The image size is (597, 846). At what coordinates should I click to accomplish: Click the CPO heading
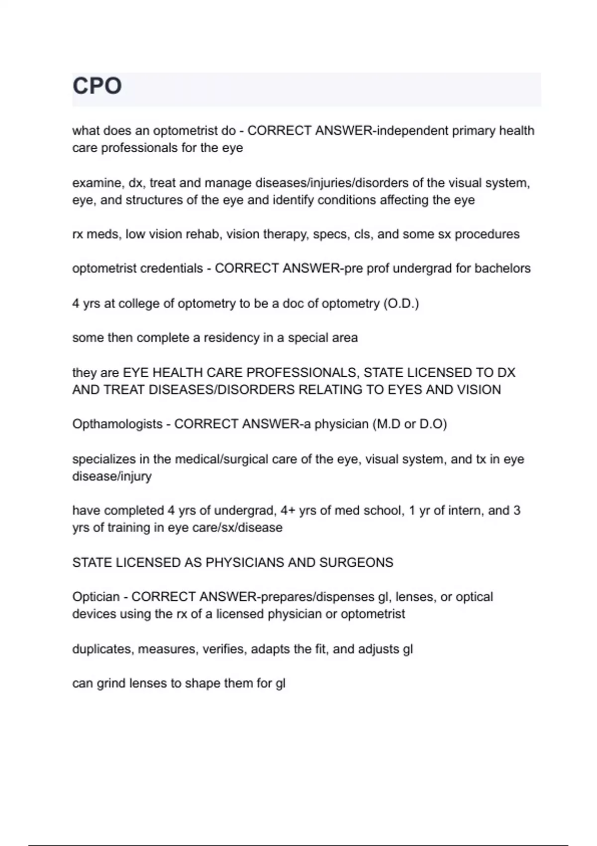(x=97, y=86)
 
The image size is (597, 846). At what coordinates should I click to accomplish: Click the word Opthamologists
(x=117, y=424)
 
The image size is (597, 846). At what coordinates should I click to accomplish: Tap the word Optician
(x=96, y=597)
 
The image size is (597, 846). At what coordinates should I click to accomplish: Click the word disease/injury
(x=112, y=476)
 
